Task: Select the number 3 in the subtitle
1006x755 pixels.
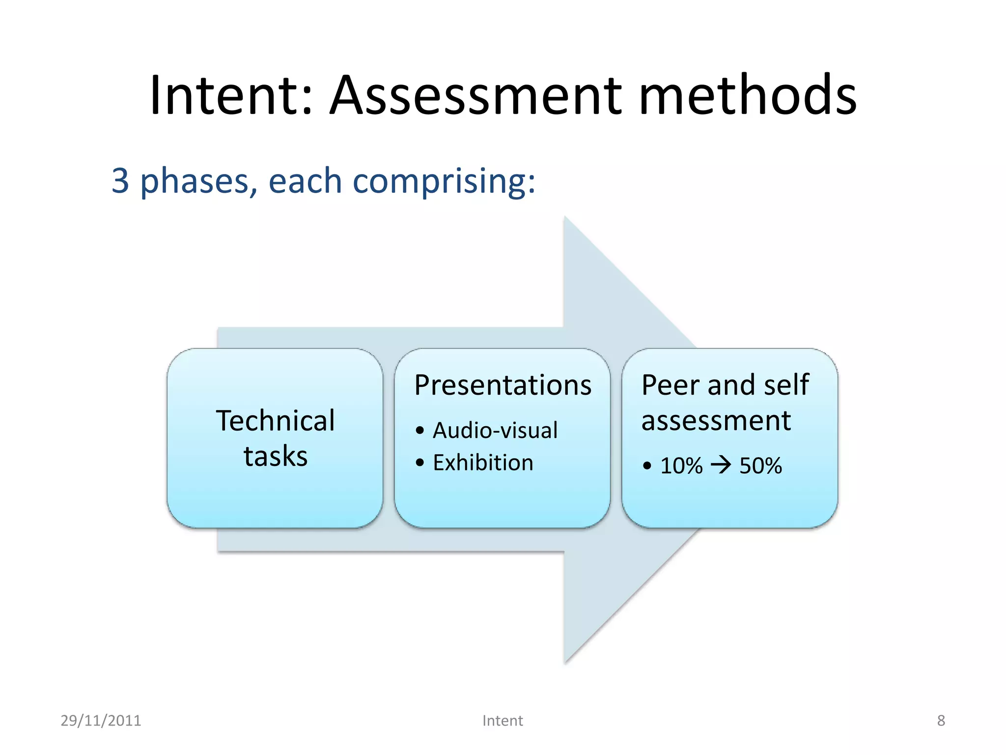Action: pyautogui.click(x=120, y=181)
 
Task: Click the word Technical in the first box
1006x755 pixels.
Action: pyautogui.click(x=276, y=421)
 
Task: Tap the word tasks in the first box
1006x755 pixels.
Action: pyautogui.click(x=276, y=457)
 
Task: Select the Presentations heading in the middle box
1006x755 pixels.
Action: pyautogui.click(x=503, y=385)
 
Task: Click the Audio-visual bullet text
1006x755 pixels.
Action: pyautogui.click(x=495, y=431)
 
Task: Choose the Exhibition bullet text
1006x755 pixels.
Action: pyautogui.click(x=483, y=463)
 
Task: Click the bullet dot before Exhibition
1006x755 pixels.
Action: pyautogui.click(x=419, y=463)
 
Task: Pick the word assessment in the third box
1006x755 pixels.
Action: pyautogui.click(x=716, y=421)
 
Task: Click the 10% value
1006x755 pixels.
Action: pyautogui.click(x=681, y=466)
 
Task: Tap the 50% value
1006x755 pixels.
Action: pyautogui.click(x=760, y=466)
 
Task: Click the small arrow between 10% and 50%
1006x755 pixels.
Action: pyautogui.click(x=721, y=465)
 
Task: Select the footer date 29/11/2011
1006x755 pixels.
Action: pyautogui.click(x=101, y=721)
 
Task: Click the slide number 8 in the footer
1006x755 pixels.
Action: pyautogui.click(x=941, y=721)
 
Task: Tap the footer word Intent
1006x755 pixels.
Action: pyautogui.click(x=503, y=721)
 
